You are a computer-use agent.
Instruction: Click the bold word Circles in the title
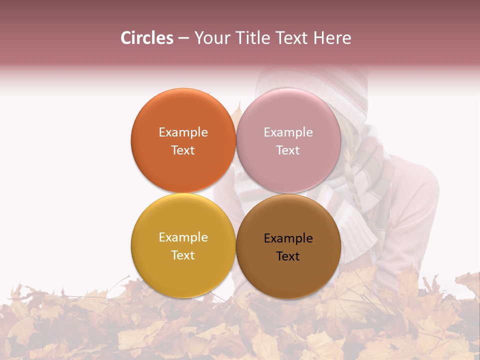point(146,38)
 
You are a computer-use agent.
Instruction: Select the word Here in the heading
point(332,38)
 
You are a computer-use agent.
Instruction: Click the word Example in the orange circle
point(183,132)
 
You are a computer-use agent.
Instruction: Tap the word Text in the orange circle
point(183,150)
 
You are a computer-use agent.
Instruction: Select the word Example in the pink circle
point(288,132)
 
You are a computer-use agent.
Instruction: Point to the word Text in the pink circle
point(288,150)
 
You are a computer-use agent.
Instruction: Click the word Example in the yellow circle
point(183,237)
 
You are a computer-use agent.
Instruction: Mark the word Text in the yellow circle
point(183,255)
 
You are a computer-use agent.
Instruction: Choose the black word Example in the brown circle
point(288,238)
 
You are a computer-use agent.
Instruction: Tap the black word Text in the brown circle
point(288,256)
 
